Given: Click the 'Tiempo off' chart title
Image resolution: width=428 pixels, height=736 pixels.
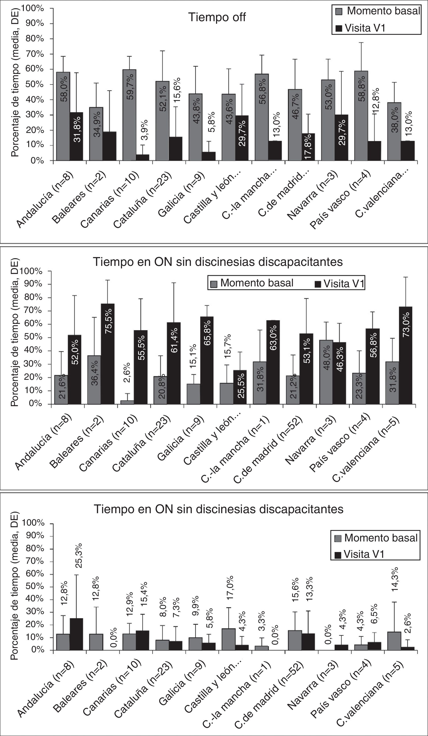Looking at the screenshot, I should (217, 17).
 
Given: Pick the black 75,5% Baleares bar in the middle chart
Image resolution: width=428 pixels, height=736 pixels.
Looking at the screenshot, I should (108, 354).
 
